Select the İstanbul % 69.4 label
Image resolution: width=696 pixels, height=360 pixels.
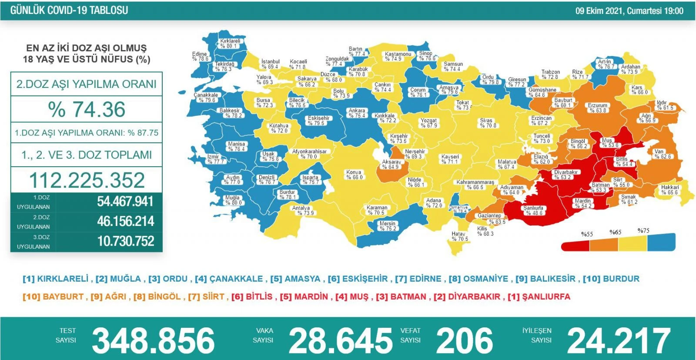pos(270,64)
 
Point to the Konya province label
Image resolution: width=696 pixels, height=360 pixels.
pos(354,175)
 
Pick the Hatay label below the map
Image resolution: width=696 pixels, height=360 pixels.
pos(459,236)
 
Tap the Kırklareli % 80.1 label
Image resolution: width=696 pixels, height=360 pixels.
pos(230,44)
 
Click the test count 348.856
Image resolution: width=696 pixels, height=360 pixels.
pos(153,340)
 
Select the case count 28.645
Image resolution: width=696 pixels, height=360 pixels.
pos(340,340)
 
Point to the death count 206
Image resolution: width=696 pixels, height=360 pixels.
pos(464,340)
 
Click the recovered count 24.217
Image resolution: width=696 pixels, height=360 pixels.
pos(619,340)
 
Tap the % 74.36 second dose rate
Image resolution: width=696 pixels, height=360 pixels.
pos(87,109)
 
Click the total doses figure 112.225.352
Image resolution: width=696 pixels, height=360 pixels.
pos(87,180)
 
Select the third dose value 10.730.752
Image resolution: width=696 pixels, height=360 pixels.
pos(125,241)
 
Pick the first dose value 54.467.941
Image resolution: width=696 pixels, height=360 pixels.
pos(125,202)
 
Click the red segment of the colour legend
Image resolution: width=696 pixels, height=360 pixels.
pos(576,246)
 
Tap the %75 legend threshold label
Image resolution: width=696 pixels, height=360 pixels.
pos(643,231)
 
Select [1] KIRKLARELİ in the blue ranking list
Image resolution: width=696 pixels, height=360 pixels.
pos(56,279)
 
